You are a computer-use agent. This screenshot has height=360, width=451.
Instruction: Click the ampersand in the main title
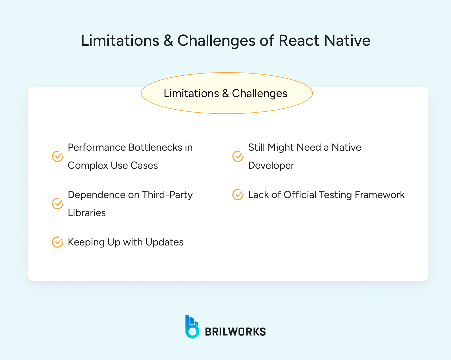coord(168,40)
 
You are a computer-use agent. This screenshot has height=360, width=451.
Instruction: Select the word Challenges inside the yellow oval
coord(259,93)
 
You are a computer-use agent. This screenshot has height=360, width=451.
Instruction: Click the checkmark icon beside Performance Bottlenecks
coord(58,156)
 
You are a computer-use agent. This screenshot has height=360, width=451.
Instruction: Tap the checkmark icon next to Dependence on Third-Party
coord(58,204)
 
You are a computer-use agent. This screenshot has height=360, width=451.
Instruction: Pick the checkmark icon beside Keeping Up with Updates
coord(58,242)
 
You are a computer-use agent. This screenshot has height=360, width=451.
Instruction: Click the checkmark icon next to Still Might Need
coord(238,156)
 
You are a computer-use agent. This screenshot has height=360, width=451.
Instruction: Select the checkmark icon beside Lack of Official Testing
coord(238,195)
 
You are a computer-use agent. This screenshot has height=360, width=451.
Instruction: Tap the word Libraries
coord(87,213)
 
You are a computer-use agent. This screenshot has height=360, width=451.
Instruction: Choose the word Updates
coord(164,242)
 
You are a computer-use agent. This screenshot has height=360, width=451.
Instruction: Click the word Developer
coord(271,165)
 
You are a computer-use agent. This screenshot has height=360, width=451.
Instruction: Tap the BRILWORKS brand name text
coord(235,332)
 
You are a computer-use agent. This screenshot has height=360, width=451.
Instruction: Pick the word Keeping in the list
coord(86,242)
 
